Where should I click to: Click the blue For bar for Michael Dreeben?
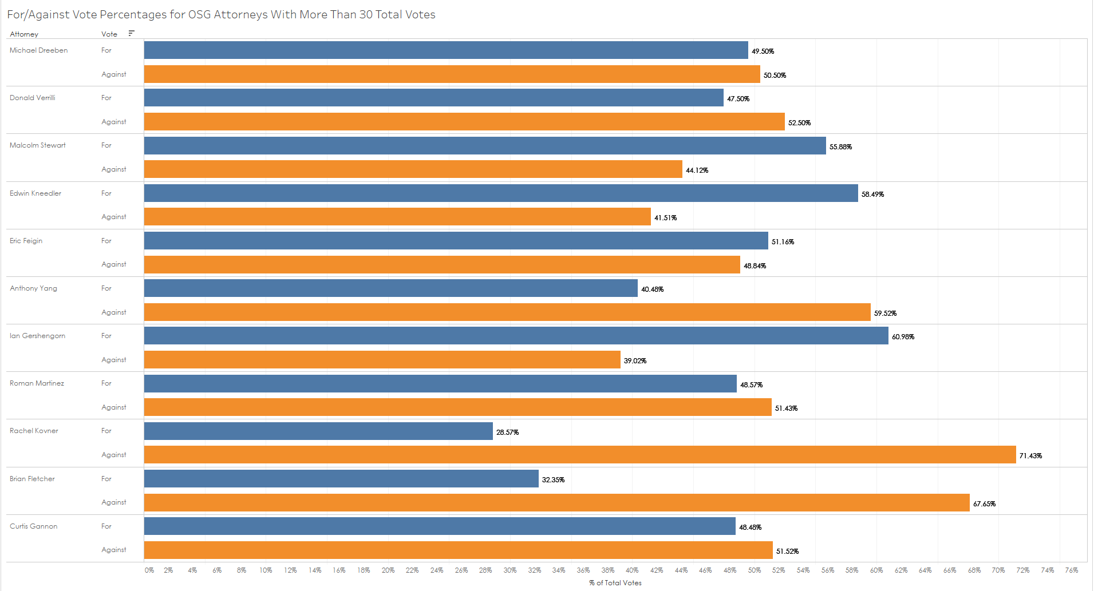pos(446,50)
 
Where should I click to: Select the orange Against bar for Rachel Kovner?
pos(580,455)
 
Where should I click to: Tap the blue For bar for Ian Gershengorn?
pos(516,336)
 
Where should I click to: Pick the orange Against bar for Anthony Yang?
pos(507,312)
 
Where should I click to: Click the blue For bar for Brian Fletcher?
pos(341,479)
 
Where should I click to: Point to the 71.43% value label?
pos(1030,456)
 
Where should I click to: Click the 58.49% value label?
pos(872,195)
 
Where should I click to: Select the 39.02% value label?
pos(635,361)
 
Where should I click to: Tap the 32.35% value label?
pos(553,480)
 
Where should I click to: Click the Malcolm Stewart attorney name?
pos(38,145)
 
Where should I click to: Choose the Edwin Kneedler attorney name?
pos(35,193)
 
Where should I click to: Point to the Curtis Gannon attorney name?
pos(34,526)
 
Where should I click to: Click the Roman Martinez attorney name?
pos(37,383)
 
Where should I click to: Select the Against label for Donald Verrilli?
pos(114,122)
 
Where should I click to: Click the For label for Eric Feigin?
pos(106,241)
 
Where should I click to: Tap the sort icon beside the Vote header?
pos(132,33)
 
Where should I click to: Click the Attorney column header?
pos(24,34)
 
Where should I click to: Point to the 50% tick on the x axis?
pos(755,570)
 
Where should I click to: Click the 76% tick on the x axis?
pos(1072,570)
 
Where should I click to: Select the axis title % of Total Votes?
pos(615,583)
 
